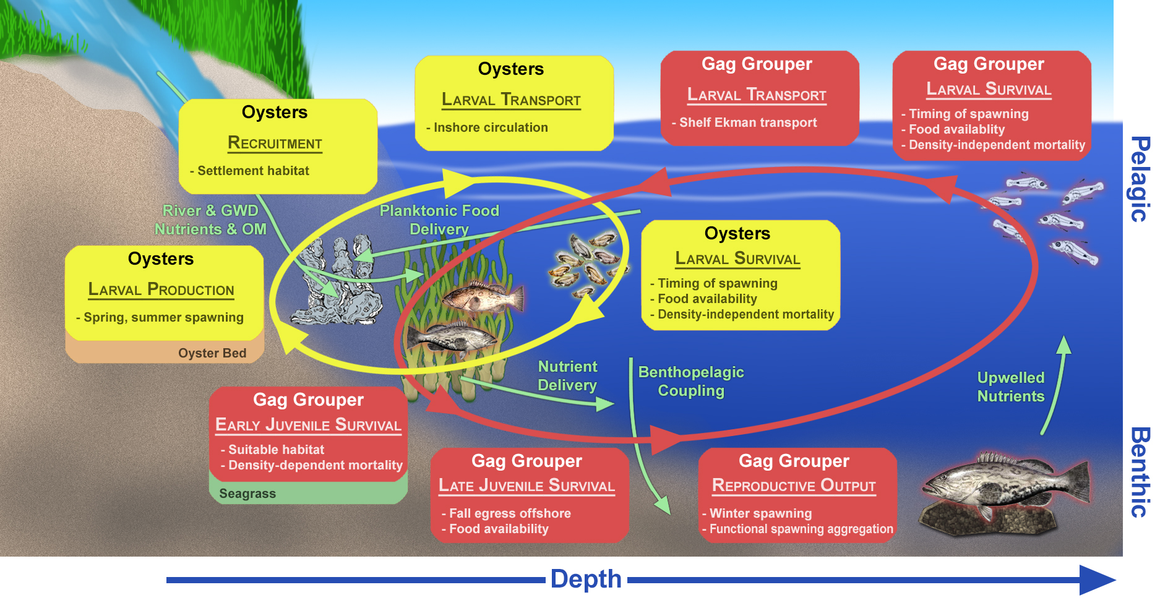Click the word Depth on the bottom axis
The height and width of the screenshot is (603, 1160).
586,579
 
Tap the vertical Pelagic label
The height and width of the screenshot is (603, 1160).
1140,179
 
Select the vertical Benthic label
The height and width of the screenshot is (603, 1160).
1140,472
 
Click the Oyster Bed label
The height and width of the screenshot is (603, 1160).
212,353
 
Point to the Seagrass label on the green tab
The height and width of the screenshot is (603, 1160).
247,494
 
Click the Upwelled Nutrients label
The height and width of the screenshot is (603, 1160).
1011,387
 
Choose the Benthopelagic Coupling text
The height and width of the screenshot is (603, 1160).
691,382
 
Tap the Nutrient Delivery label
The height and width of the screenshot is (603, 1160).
567,376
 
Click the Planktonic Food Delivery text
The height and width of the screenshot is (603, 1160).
439,220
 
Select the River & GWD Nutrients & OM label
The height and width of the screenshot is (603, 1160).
210,220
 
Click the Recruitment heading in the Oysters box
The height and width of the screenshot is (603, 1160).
275,143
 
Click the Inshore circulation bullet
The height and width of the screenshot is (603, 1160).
487,127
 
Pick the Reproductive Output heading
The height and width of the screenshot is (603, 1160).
794,485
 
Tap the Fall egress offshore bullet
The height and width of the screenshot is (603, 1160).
506,513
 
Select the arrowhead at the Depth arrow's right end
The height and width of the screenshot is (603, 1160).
1098,580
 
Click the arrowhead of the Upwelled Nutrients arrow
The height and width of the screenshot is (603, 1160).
1063,344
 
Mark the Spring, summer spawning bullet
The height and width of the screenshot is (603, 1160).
160,317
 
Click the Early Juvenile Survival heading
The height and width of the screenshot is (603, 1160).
308,426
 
